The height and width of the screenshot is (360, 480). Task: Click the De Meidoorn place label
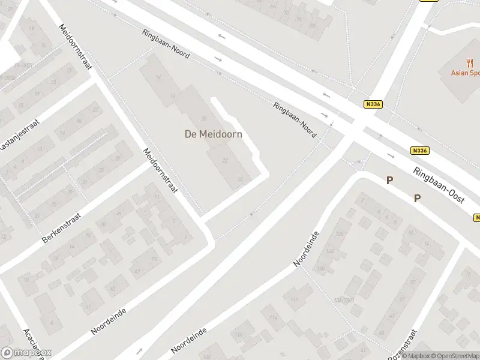click(x=213, y=134)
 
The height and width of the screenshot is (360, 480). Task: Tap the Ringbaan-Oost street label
click(x=440, y=187)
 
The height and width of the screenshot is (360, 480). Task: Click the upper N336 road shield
click(x=372, y=104)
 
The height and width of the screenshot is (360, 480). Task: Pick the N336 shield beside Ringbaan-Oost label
click(x=420, y=151)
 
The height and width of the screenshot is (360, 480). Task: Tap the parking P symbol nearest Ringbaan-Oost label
click(x=417, y=199)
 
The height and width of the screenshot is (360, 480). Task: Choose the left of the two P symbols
click(x=389, y=180)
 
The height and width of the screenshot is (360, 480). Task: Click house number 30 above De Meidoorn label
click(x=203, y=118)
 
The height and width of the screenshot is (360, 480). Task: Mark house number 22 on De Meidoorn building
click(x=225, y=161)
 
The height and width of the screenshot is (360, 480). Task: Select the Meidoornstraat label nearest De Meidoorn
click(x=160, y=170)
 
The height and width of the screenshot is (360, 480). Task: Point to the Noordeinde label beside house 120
click(x=305, y=248)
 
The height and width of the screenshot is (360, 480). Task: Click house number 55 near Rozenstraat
click(x=413, y=281)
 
